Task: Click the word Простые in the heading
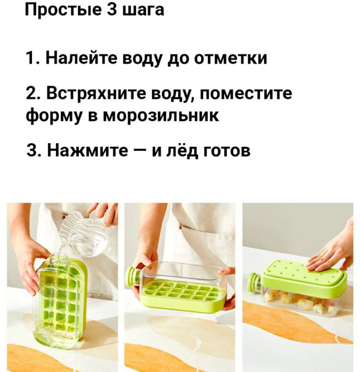click(x=63, y=10)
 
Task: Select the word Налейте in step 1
click(x=81, y=58)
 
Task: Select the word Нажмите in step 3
click(x=87, y=151)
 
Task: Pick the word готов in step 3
click(x=227, y=151)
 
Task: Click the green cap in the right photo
click(x=254, y=283)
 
